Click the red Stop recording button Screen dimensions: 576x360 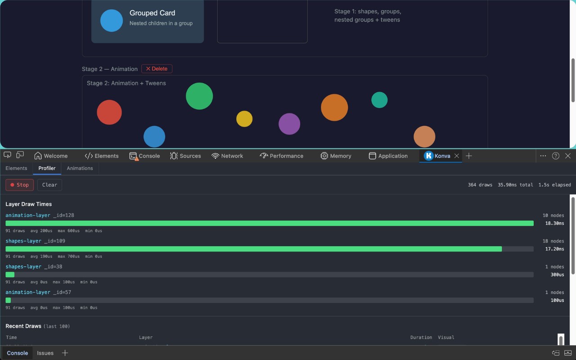click(x=19, y=185)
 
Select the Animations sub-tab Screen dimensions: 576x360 click(x=80, y=168)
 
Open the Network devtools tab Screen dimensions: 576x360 click(x=227, y=156)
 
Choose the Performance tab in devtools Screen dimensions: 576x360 click(x=281, y=156)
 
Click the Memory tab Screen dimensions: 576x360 click(x=336, y=156)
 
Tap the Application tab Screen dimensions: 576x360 click(x=388, y=156)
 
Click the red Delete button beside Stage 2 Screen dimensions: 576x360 click(x=157, y=69)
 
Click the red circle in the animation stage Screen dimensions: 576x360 click(x=109, y=112)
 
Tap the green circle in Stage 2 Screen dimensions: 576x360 click(x=199, y=96)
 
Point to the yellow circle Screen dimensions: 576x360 click(x=244, y=119)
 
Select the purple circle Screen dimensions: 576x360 click(x=289, y=124)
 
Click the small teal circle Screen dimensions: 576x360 click(x=379, y=100)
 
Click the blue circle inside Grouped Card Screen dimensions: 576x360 click(x=111, y=21)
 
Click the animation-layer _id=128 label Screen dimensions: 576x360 click(x=40, y=215)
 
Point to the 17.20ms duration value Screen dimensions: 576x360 click(x=555, y=249)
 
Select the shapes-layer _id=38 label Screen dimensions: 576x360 click(x=34, y=267)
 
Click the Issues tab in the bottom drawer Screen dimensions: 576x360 click(x=45, y=353)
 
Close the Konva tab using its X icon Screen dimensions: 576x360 click(x=457, y=156)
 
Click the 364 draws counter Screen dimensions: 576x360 click(x=480, y=185)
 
